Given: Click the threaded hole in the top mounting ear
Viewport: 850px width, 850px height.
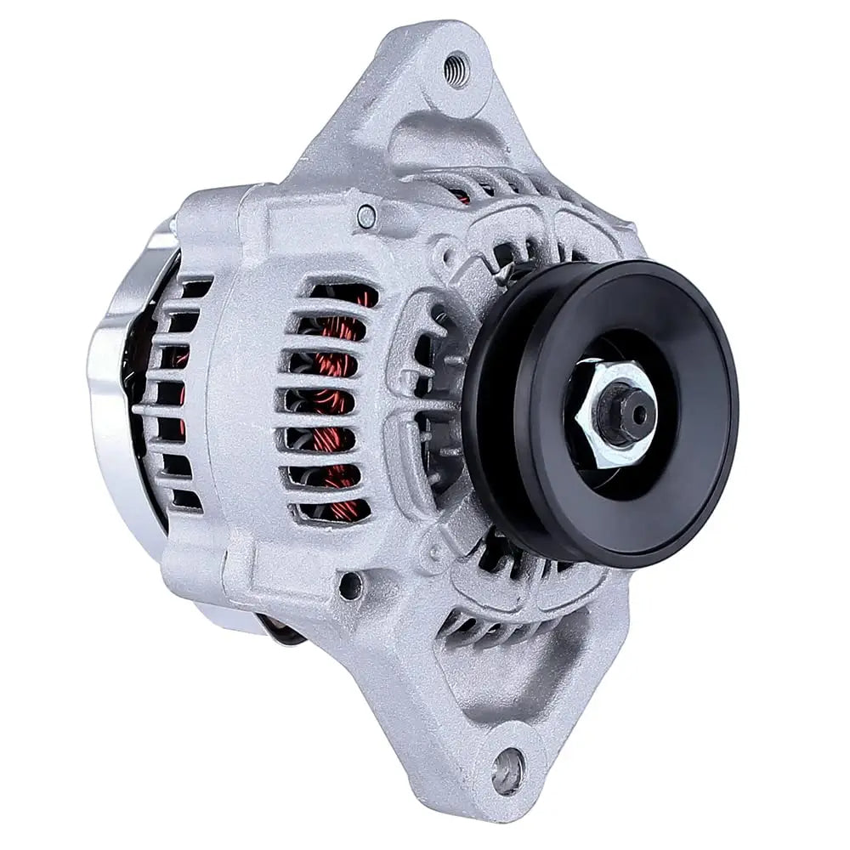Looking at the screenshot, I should coord(456,67).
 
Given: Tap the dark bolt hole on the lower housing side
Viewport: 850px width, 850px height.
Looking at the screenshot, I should coord(349,584).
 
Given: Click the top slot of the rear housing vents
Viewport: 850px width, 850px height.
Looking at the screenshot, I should coord(194,290).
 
